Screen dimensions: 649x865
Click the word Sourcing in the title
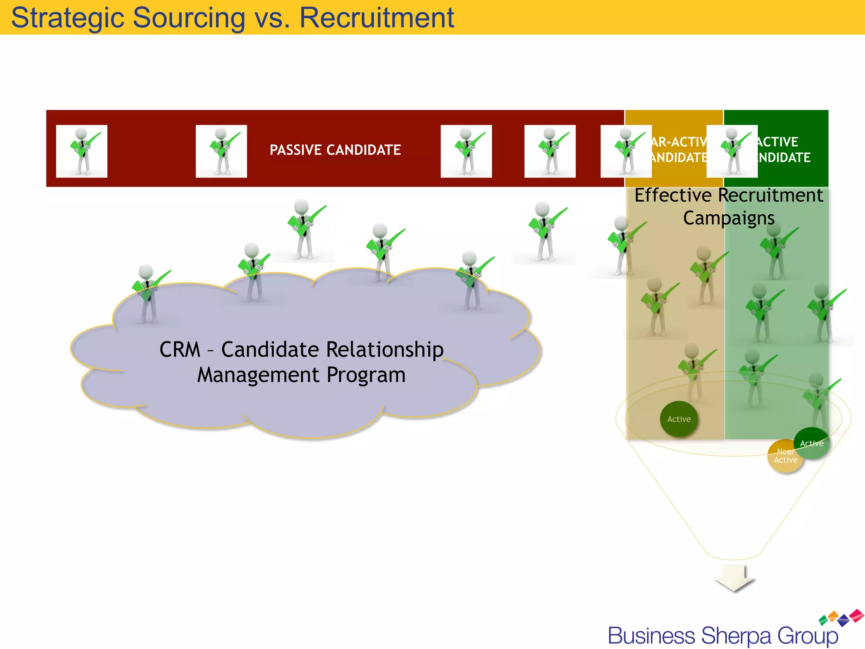[x=188, y=18]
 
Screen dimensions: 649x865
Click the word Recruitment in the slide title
[x=377, y=18]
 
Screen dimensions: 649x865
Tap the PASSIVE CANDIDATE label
[x=335, y=150]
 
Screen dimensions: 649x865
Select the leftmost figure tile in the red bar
[x=82, y=151]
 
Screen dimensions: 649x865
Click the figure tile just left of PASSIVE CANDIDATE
[x=221, y=151]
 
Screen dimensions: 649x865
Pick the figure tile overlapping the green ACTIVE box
[x=732, y=151]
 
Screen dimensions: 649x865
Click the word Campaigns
[x=729, y=218]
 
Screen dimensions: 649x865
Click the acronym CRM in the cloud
[x=180, y=350]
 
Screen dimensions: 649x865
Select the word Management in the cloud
[x=258, y=375]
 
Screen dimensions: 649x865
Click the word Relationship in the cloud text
[x=384, y=350]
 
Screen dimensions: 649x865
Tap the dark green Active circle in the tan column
[x=679, y=419]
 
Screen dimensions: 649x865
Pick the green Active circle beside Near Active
[x=812, y=442]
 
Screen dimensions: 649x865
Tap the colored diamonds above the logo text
[x=841, y=618]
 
